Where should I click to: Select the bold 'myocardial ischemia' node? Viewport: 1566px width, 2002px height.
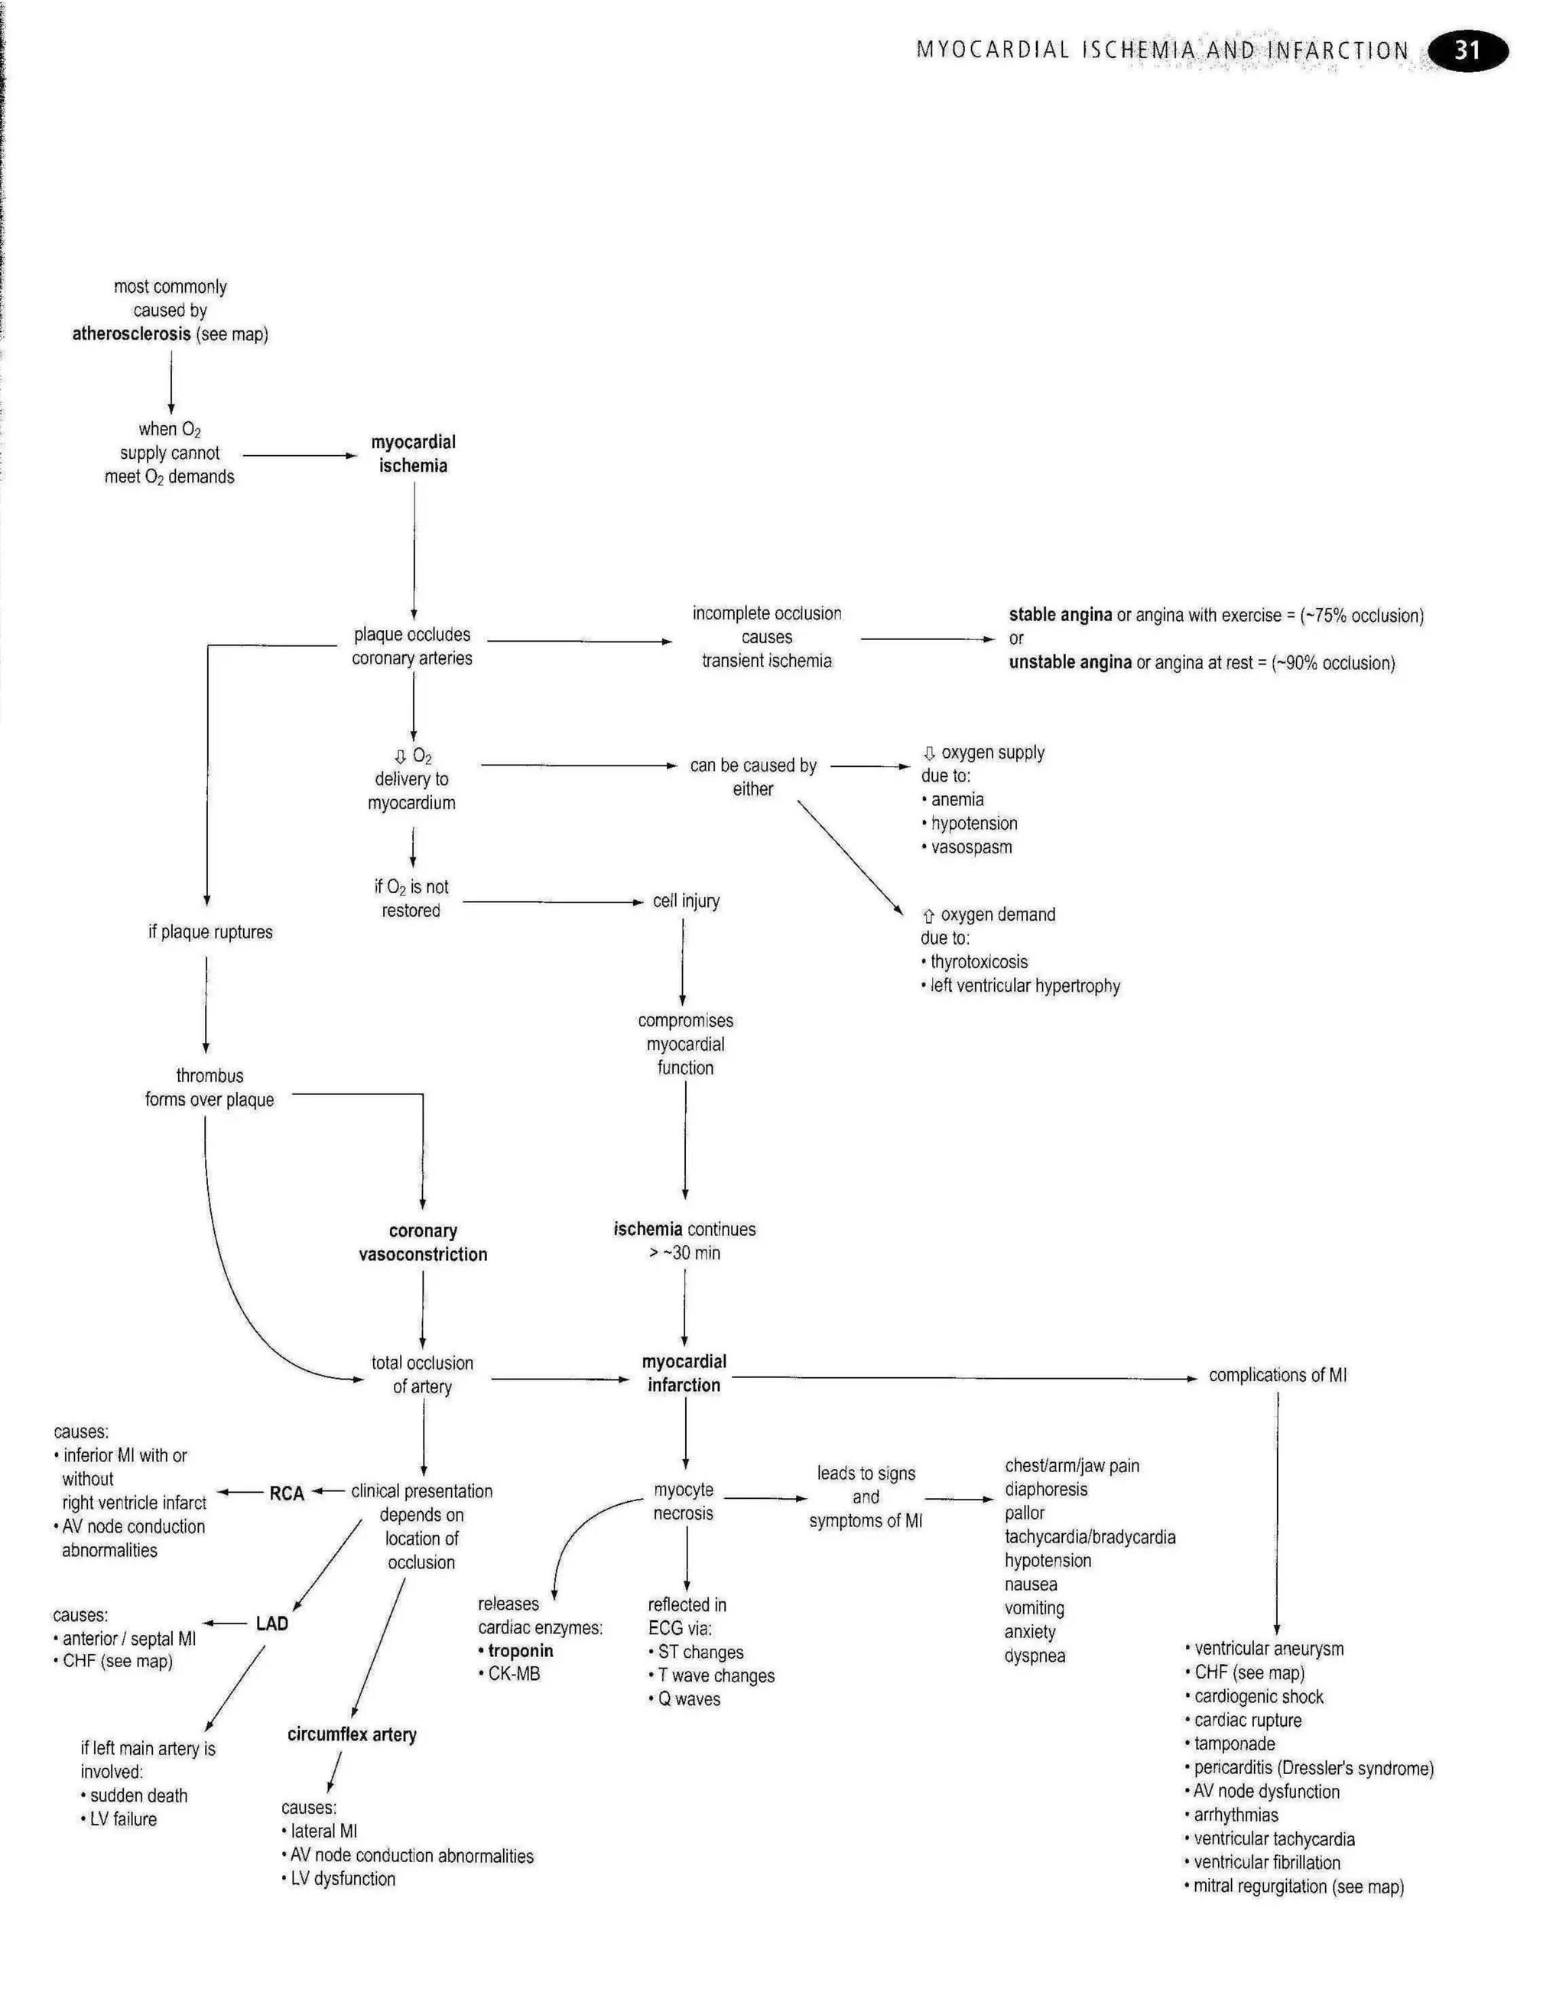pos(413,453)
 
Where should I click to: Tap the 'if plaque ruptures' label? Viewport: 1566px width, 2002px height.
pos(210,932)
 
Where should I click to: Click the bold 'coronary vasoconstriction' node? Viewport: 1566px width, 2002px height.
pos(423,1243)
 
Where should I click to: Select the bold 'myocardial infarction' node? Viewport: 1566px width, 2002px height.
pos(684,1373)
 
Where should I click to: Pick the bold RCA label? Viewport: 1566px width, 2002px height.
pos(286,1493)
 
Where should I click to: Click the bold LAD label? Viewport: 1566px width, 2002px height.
pos(271,1623)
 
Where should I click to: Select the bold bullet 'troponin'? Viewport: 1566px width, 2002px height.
pos(520,1651)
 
